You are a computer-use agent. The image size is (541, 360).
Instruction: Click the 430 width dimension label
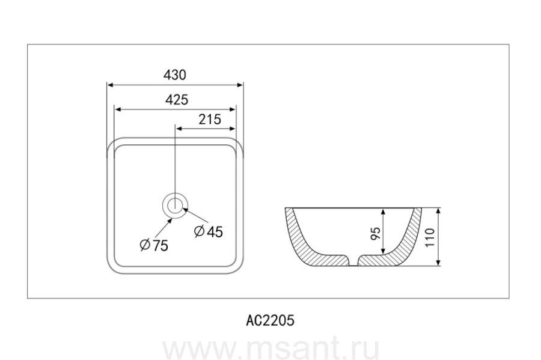[x=175, y=75]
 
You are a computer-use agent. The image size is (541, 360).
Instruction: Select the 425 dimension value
[x=177, y=100]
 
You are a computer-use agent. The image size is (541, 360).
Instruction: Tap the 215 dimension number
[x=209, y=120]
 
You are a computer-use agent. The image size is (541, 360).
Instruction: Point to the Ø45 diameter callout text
[x=209, y=231]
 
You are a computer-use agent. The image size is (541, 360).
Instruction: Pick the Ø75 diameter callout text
[x=154, y=245]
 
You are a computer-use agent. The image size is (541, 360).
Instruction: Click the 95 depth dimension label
[x=375, y=233]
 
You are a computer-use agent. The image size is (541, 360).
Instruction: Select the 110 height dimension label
[x=430, y=237]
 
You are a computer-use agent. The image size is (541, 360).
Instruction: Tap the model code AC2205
[x=270, y=320]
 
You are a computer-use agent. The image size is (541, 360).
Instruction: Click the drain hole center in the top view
[x=175, y=206]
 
